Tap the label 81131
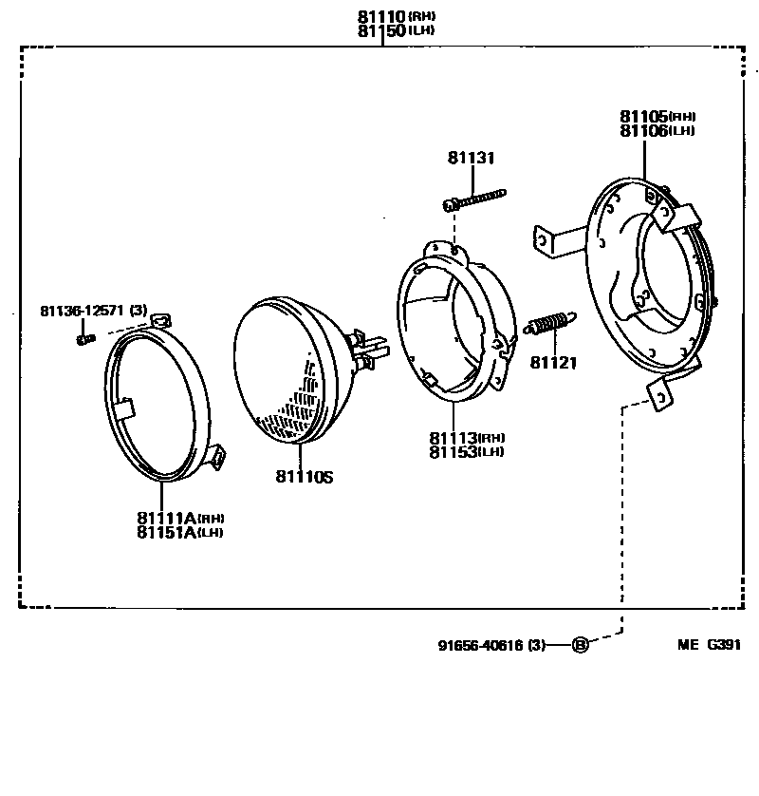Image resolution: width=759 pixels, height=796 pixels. tap(472, 159)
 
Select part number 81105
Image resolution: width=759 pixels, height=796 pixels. tap(643, 117)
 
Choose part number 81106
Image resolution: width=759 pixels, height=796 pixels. tap(643, 131)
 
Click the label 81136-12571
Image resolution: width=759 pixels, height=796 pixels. tap(81, 311)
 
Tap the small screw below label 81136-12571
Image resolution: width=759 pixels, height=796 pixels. tap(86, 336)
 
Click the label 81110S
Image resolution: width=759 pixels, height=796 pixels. tap(304, 476)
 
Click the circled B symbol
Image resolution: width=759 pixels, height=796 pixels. tap(581, 646)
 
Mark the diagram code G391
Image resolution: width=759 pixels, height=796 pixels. tap(722, 645)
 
